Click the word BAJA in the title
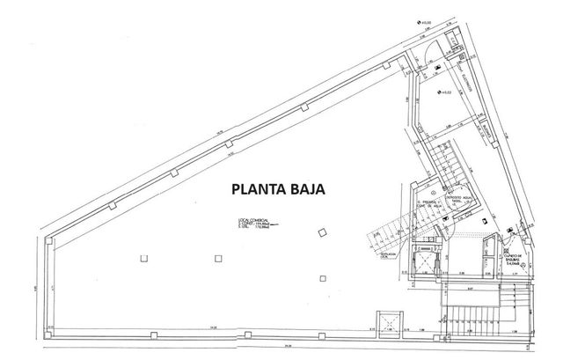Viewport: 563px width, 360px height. tap(307, 187)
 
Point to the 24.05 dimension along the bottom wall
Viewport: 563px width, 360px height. tap(214, 329)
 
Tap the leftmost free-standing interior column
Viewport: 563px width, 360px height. tap(143, 259)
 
